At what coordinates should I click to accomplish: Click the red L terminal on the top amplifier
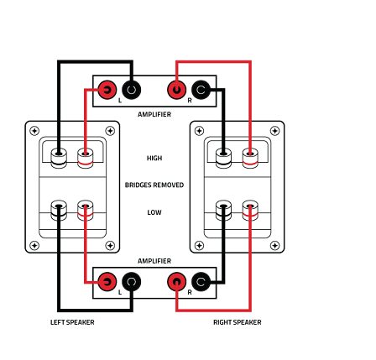(107, 90)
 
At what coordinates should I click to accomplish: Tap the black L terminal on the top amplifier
(132, 90)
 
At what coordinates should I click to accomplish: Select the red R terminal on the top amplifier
(176, 90)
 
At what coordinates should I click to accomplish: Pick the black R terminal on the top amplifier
(201, 90)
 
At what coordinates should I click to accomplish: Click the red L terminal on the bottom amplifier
(107, 281)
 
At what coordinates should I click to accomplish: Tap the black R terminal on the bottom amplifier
(201, 281)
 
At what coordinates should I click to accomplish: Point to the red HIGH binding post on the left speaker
(86, 158)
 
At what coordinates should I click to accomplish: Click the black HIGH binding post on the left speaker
(59, 158)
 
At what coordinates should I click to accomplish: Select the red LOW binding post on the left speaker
(86, 211)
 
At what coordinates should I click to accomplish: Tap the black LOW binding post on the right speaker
(223, 211)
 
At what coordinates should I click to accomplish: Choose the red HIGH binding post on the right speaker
(250, 158)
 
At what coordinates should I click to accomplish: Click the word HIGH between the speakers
(154, 158)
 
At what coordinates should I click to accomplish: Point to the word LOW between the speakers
(154, 212)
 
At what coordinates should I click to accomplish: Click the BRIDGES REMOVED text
(154, 185)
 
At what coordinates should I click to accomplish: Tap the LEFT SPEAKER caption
(72, 322)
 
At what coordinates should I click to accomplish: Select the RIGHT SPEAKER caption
(238, 322)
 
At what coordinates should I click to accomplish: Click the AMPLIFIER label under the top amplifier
(154, 114)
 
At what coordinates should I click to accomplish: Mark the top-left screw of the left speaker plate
(34, 131)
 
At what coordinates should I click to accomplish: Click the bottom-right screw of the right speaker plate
(275, 246)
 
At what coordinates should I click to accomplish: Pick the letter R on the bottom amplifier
(190, 292)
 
